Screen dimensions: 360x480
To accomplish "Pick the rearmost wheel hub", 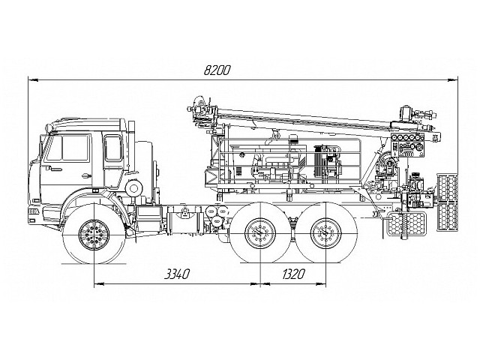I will coord(324,235).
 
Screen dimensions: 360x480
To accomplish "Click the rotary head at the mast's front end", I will coord(200,110).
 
